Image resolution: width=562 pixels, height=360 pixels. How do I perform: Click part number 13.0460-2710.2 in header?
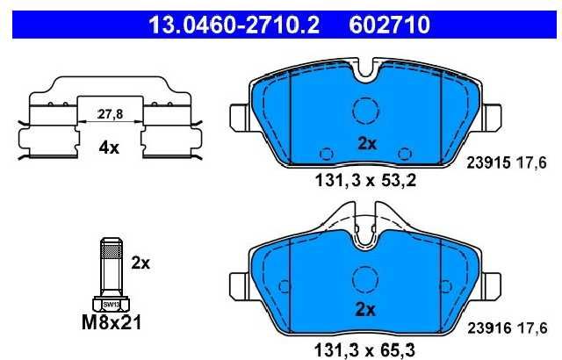tap(234, 25)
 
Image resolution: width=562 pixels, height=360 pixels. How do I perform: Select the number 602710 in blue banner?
tap(389, 25)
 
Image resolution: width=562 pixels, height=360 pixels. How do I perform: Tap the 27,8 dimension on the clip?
tap(110, 114)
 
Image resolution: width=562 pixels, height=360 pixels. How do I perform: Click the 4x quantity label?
tap(109, 148)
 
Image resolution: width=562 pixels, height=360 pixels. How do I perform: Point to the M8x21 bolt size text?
tap(112, 322)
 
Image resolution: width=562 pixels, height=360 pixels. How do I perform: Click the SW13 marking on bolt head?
tap(112, 305)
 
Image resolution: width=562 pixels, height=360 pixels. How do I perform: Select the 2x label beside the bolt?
tap(140, 263)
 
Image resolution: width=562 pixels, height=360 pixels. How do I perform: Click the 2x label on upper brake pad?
tap(367, 144)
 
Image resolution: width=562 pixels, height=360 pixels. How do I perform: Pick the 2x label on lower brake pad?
tap(365, 309)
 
